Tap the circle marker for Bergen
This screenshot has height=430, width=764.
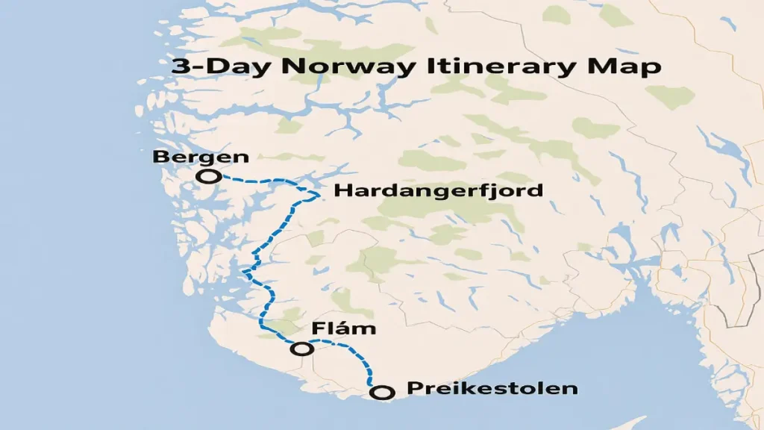tap(208, 177)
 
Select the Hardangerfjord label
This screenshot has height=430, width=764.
tap(438, 191)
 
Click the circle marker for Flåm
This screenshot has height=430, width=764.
tap(302, 348)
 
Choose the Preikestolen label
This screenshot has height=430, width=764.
tap(492, 389)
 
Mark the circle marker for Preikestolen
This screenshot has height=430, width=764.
tap(382, 391)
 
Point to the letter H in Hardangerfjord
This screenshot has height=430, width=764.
tap(342, 191)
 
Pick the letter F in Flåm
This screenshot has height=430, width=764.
tap(316, 329)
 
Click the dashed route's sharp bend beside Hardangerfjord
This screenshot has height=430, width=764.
tap(319, 195)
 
